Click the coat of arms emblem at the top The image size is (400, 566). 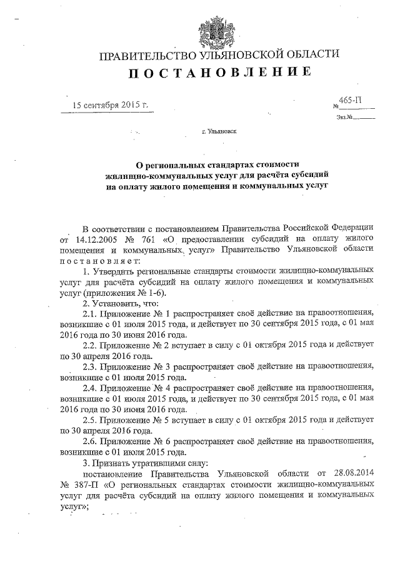[218, 28]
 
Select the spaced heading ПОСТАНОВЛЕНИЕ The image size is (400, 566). [219, 73]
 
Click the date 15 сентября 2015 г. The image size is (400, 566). [111, 104]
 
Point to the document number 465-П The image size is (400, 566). [351, 100]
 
